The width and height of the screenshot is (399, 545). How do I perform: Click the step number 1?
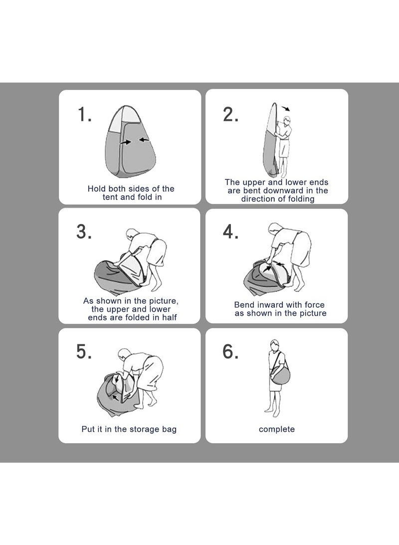click(x=84, y=114)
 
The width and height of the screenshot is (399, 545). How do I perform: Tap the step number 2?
click(x=230, y=114)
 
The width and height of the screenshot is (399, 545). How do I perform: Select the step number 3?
click(x=84, y=231)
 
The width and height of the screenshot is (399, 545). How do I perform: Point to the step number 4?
click(x=230, y=231)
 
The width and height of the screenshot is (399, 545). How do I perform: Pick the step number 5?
click(x=84, y=351)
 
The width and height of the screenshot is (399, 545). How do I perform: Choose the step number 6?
click(x=230, y=351)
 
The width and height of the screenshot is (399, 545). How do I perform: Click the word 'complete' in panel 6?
click(x=277, y=430)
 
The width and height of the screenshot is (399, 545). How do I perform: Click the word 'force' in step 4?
click(x=314, y=305)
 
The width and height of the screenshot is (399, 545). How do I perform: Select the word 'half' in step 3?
click(x=169, y=317)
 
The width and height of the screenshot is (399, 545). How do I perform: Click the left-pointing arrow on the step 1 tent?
click(x=144, y=140)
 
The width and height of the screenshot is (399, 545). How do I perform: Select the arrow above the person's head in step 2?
click(x=286, y=108)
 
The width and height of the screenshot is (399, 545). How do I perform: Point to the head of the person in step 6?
click(x=274, y=346)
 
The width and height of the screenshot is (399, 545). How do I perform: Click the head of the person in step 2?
click(x=287, y=120)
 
